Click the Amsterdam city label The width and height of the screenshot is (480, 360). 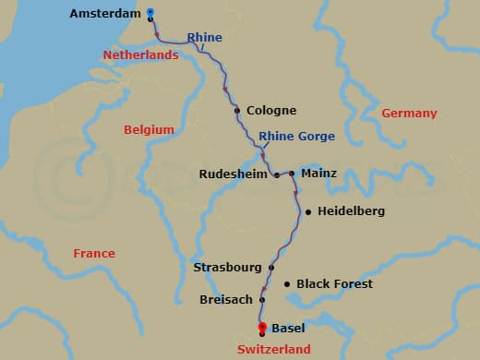pyautogui.click(x=104, y=15)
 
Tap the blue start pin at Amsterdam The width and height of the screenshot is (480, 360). pyautogui.click(x=150, y=13)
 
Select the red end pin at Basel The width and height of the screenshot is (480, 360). pyautogui.click(x=262, y=328)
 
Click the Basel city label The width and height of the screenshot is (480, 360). pyautogui.click(x=288, y=328)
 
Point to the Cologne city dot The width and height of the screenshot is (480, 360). pyautogui.click(x=238, y=111)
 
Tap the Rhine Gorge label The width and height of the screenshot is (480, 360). pyautogui.click(x=296, y=137)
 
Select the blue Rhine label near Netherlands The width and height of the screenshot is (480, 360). pyautogui.click(x=204, y=38)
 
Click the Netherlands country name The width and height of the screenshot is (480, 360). pyautogui.click(x=140, y=55)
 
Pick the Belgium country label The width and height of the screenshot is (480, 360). pyautogui.click(x=150, y=130)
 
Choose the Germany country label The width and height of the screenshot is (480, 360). pyautogui.click(x=409, y=113)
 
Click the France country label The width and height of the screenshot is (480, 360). pyautogui.click(x=94, y=254)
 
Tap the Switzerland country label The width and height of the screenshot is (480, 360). pyautogui.click(x=274, y=349)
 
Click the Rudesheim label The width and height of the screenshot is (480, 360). pyautogui.click(x=233, y=174)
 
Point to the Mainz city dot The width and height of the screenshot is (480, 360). pyautogui.click(x=292, y=174)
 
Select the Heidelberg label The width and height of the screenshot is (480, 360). pyautogui.click(x=351, y=211)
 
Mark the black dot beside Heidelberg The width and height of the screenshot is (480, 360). pyautogui.click(x=307, y=211)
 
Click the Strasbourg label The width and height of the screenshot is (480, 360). pyautogui.click(x=227, y=268)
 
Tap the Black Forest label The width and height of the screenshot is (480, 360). pyautogui.click(x=334, y=284)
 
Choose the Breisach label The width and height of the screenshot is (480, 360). pyautogui.click(x=225, y=300)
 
